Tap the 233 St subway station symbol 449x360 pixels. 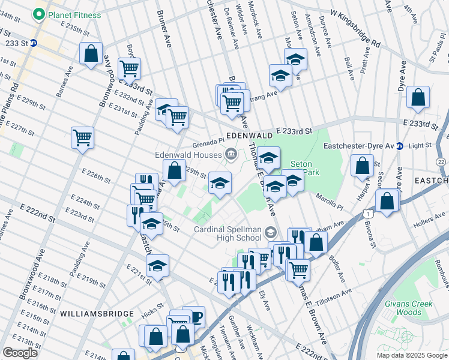(x=34, y=43)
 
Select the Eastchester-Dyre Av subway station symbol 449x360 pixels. (x=399, y=145)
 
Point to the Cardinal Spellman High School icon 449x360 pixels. (x=271, y=232)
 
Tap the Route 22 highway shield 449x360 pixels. (x=441, y=162)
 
